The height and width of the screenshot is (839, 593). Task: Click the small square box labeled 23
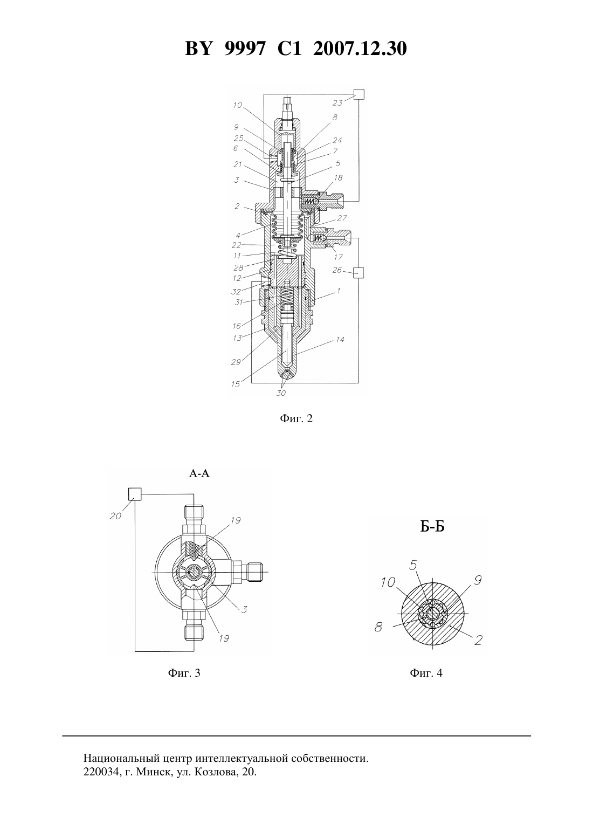(358, 94)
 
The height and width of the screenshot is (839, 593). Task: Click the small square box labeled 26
(358, 272)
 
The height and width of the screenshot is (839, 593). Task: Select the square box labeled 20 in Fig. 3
(135, 494)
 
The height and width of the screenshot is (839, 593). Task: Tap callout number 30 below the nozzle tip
(281, 393)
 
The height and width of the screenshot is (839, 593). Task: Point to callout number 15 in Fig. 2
(236, 384)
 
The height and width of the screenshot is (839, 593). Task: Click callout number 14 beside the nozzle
(340, 339)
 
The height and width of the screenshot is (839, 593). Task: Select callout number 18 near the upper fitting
(338, 177)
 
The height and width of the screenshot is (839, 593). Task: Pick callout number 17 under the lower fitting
(338, 257)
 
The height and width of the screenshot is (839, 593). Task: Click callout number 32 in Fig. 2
(236, 291)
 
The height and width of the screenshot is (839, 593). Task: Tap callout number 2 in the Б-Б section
(478, 640)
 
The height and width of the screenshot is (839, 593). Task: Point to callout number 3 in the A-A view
(244, 609)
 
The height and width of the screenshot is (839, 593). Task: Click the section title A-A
(199, 474)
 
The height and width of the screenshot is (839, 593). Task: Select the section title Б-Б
(432, 527)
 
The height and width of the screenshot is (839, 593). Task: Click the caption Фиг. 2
(296, 418)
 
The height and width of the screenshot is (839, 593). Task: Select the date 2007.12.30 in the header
(360, 49)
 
